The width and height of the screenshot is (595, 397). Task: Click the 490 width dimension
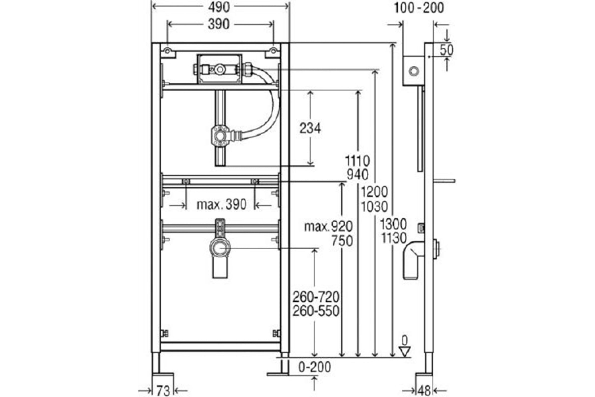[x=219, y=8]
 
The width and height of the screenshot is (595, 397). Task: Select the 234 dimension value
[x=310, y=128]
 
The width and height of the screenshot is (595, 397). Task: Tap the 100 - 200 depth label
[x=419, y=8]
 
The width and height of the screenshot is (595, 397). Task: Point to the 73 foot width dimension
[x=163, y=391]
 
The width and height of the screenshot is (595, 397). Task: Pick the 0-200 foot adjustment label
[x=315, y=367]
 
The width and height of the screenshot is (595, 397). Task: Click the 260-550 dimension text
[x=316, y=311]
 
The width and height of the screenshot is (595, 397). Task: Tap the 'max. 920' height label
[x=328, y=227]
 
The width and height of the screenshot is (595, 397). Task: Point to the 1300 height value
[x=394, y=224]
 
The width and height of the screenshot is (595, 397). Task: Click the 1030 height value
[x=374, y=207]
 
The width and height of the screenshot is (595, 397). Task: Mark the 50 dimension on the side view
[x=446, y=50]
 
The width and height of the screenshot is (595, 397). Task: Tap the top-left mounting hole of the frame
[x=167, y=51]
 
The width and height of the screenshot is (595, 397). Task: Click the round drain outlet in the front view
[x=220, y=248]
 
